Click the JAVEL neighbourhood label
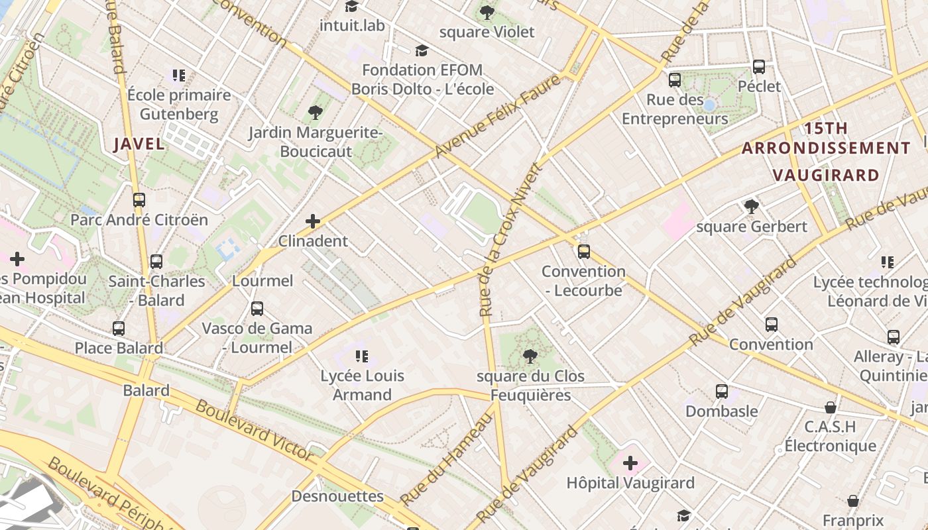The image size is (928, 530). click(x=139, y=144)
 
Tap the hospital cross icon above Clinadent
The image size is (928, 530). click(x=313, y=221)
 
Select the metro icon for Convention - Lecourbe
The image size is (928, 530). click(x=583, y=252)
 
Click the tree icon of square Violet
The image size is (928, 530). click(x=487, y=12)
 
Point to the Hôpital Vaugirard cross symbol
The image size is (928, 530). click(x=630, y=463)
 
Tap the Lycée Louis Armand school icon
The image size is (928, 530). click(x=361, y=356)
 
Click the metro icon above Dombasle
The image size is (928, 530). click(x=721, y=392)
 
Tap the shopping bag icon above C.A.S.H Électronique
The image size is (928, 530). click(x=830, y=407)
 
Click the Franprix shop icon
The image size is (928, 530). click(x=853, y=501)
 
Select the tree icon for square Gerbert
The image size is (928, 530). click(x=751, y=207)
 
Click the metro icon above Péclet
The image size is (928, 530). click(x=759, y=67)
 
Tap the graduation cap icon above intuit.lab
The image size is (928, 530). click(x=351, y=6)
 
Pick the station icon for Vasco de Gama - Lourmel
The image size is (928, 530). click(x=257, y=309)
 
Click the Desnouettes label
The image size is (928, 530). click(x=337, y=496)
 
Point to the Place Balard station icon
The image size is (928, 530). click(x=119, y=329)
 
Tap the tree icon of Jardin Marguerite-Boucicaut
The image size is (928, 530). click(x=316, y=113)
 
